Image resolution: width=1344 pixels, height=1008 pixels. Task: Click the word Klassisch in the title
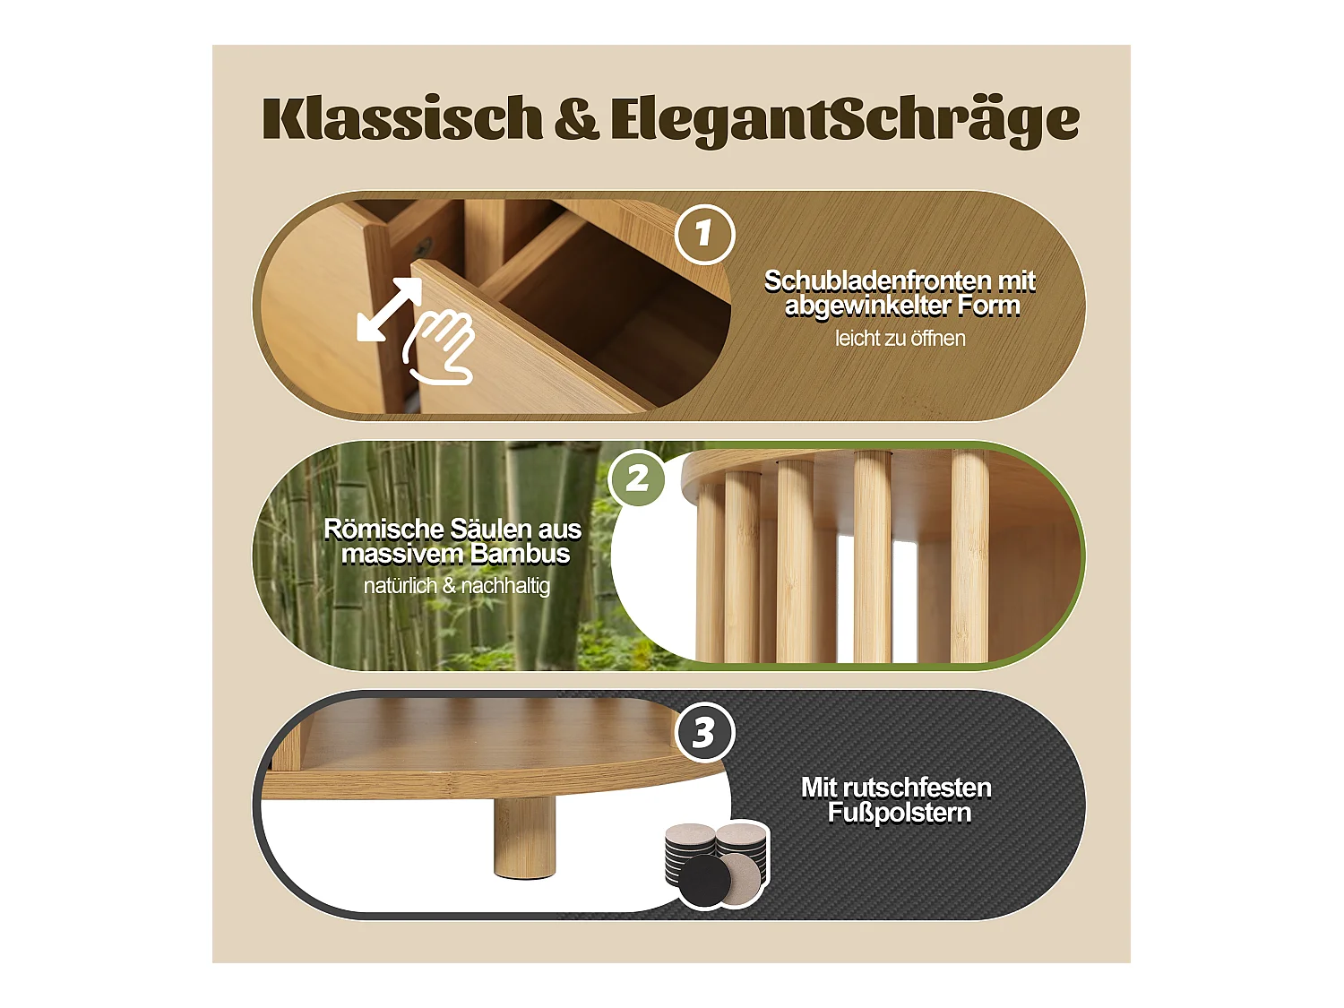point(402,118)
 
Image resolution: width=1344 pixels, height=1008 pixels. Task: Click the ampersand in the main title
point(576,120)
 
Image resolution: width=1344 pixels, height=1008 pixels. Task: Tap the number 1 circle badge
point(704,234)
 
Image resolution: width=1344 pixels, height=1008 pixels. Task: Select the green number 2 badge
point(637,478)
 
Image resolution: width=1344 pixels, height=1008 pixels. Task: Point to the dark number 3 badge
point(704,733)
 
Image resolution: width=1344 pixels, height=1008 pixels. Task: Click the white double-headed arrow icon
point(389,309)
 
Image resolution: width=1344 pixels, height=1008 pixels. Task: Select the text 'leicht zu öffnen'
point(900,339)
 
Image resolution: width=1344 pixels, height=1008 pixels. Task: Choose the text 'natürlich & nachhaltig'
point(456,586)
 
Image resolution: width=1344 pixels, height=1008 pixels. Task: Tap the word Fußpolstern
point(899,813)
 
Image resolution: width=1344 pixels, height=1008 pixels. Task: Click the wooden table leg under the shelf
point(523,838)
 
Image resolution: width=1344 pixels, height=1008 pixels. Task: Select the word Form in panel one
point(989,306)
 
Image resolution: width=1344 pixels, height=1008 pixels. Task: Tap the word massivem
point(401,554)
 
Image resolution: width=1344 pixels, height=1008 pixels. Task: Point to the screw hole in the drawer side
point(425,243)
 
